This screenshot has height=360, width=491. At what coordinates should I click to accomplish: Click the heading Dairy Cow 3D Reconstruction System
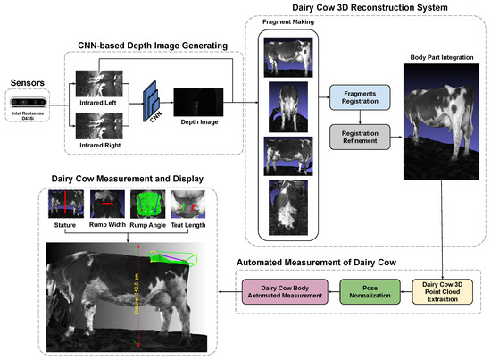(365, 9)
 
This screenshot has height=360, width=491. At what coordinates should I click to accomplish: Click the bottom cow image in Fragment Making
(286, 210)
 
